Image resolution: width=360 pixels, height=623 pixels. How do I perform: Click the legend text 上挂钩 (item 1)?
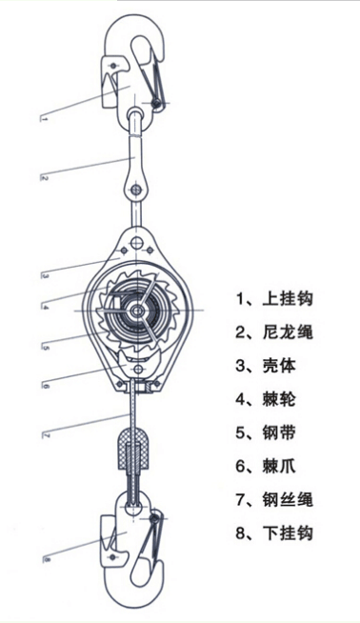click(x=286, y=298)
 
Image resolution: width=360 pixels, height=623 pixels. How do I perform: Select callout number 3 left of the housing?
click(x=45, y=276)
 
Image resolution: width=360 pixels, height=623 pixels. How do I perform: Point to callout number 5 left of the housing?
click(x=45, y=349)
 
